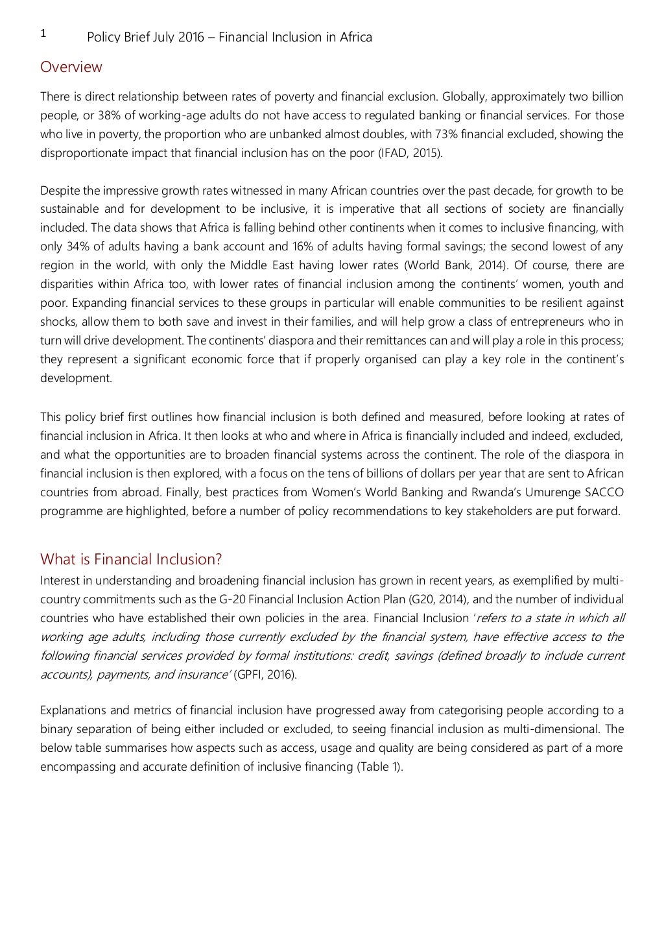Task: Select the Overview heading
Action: (71, 67)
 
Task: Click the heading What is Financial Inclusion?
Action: (131, 559)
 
